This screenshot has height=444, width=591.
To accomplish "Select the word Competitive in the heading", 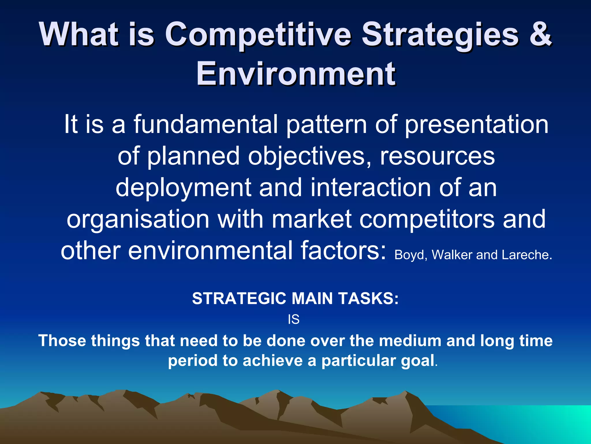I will (x=258, y=35).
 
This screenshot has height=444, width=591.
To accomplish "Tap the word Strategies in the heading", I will (x=440, y=35).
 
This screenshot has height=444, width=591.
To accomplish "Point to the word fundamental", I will (x=205, y=124).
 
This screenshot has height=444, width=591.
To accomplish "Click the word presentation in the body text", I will (x=476, y=124).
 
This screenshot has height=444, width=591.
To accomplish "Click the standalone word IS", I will (x=294, y=320).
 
